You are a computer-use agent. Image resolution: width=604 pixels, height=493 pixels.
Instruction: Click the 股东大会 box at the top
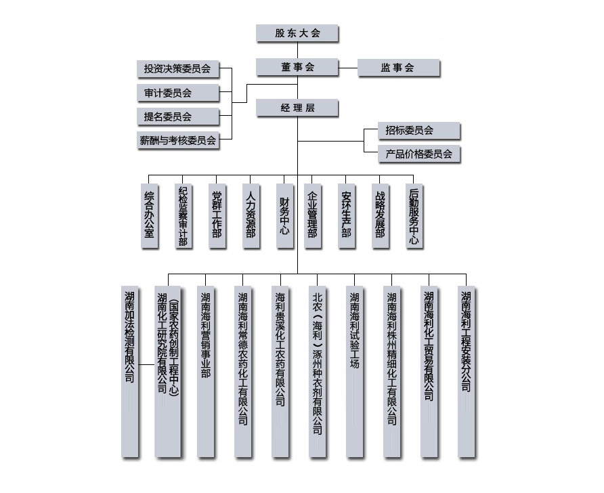click(x=297, y=33)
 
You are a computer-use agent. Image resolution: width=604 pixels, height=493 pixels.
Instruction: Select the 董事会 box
click(x=297, y=68)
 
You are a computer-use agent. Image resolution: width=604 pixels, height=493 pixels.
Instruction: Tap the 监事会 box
click(x=398, y=68)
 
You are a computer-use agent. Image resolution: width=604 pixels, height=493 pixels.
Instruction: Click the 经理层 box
click(x=297, y=108)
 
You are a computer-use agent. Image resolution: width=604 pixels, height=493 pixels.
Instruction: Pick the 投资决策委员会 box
click(x=178, y=69)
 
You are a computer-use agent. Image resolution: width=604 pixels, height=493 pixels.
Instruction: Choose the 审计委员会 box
click(x=178, y=93)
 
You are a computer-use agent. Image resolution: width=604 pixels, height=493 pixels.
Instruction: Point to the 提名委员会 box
click(x=178, y=116)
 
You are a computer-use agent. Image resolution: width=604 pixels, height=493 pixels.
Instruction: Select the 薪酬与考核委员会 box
click(x=178, y=140)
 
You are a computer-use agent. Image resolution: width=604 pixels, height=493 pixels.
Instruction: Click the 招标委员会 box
click(x=418, y=131)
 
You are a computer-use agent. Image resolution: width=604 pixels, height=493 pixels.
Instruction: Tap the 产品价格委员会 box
click(x=418, y=154)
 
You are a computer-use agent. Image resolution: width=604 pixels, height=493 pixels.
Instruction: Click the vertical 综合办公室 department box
click(x=150, y=215)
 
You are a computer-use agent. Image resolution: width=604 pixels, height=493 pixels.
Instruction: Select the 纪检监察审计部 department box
click(x=184, y=215)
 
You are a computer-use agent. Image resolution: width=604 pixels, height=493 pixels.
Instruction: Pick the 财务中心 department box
click(x=284, y=215)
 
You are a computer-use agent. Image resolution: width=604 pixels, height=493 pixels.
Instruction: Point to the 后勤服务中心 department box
click(x=414, y=215)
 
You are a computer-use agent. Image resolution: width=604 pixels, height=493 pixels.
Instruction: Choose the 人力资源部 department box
click(x=251, y=215)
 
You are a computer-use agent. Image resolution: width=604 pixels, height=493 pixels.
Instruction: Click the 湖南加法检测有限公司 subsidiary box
click(x=130, y=372)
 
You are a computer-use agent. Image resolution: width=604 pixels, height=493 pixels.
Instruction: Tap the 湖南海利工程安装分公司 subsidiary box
click(x=466, y=372)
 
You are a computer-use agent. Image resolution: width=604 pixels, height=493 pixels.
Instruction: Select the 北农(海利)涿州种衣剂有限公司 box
click(x=317, y=372)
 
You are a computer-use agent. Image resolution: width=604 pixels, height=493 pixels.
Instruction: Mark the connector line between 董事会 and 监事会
click(x=348, y=68)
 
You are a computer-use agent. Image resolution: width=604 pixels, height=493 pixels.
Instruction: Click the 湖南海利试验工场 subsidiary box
click(x=354, y=372)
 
